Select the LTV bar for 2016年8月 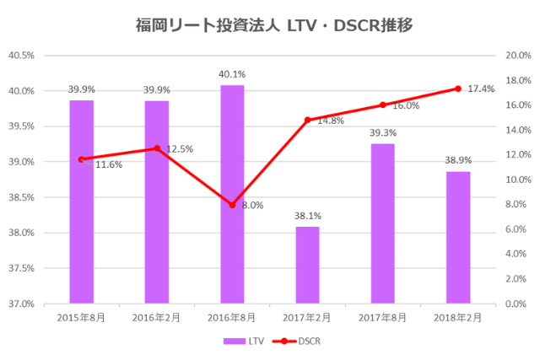[x=232, y=193]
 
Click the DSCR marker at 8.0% [x=232, y=205]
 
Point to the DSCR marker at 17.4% [x=458, y=89]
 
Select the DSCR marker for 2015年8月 [x=81, y=159]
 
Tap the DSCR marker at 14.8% [x=307, y=120]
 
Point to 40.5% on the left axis [x=21, y=56]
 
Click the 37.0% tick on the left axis [x=21, y=304]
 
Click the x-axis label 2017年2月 [x=307, y=318]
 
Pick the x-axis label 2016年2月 [x=157, y=318]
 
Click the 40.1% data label [x=232, y=73]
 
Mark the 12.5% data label [x=180, y=149]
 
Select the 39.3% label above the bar [x=382, y=132]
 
